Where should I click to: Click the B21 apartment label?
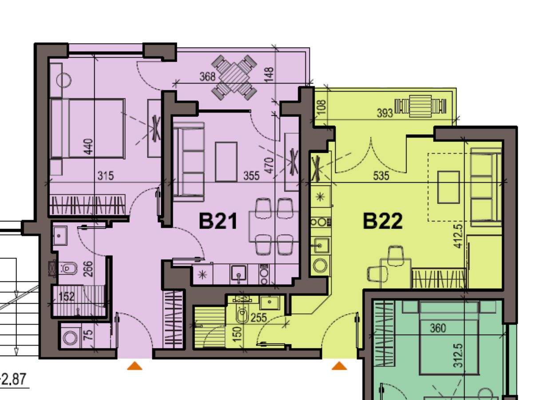coord(218,221)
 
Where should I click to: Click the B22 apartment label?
coord(383,221)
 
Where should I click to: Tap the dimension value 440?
coord(88,147)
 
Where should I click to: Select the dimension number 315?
coord(106,176)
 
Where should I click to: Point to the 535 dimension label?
coord(381,176)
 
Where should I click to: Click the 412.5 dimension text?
coord(458,236)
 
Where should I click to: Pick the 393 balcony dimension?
coord(385,113)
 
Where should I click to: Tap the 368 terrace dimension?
coord(207,76)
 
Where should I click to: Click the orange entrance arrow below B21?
coord(135,366)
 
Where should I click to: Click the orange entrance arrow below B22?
coord(339,366)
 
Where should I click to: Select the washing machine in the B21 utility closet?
coord(70,337)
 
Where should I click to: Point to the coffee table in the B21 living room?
coord(226,162)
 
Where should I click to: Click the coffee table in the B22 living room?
coord(449,188)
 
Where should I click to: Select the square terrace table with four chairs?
coord(234,77)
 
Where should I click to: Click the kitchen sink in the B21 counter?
coord(238,274)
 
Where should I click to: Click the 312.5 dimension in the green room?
coord(458,356)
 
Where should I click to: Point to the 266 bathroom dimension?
coord(88,269)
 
